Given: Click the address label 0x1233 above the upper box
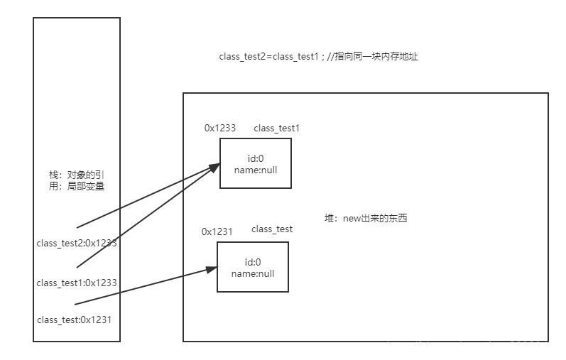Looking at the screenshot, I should coord(220,128).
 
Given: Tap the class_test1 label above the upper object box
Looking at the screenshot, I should coord(277,128).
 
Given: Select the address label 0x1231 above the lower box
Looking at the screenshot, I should coord(217,231).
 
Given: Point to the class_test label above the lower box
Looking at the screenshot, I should coord(272,229).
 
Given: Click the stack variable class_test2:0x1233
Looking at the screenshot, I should coord(77,243).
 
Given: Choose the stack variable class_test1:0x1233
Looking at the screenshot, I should coord(77,283).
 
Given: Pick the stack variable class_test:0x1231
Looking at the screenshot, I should coord(74,320).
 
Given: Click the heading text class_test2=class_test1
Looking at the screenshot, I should coord(268,56).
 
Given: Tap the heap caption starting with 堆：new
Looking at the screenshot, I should coord(366,218).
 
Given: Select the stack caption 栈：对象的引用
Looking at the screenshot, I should coord(77,175).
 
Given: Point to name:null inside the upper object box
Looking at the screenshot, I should coord(256,170).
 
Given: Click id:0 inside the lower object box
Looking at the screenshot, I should coord(253,262).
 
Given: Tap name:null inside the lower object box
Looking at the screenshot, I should coord(253,273).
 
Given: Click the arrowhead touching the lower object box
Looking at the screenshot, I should coord(212,269).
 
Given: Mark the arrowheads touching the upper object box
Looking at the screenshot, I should coord(214,168).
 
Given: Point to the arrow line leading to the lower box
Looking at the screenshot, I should coord(142,288).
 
